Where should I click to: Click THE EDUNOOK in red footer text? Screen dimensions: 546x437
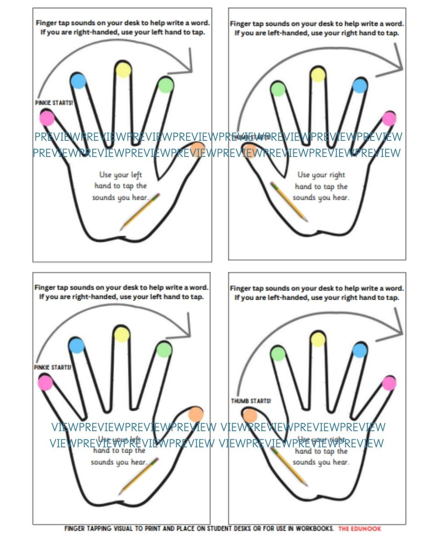(359, 529)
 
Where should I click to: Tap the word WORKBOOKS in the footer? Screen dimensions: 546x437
(315, 529)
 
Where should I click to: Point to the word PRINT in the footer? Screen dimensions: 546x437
(153, 529)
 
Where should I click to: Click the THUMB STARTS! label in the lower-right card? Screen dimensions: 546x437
(251, 401)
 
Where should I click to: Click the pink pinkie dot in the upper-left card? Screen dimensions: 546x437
(47, 118)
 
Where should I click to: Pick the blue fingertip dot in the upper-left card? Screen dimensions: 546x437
(78, 81)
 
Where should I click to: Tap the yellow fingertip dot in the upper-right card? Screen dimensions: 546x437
(318, 75)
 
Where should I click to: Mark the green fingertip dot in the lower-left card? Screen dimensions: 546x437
(164, 350)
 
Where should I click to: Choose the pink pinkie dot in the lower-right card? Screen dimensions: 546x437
(389, 383)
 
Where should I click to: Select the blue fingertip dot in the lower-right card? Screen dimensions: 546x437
(360, 350)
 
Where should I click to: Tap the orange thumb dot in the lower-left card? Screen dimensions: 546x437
(195, 413)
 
